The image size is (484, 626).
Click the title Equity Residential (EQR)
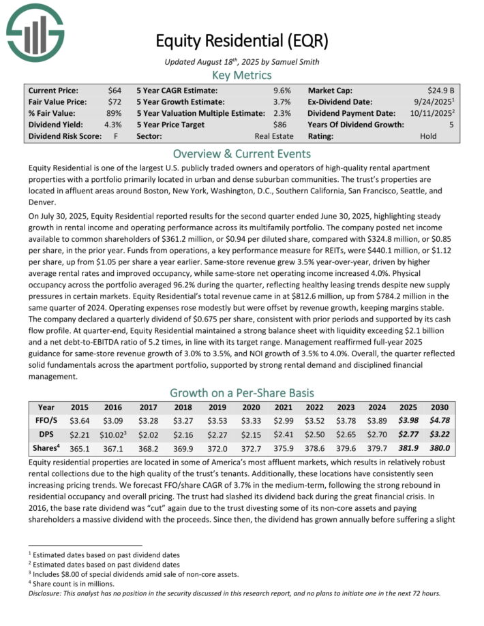coord(242,41)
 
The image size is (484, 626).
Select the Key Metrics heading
coord(242,75)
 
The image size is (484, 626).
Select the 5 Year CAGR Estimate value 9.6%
coord(282,90)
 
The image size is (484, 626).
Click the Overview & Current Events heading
coord(242,153)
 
